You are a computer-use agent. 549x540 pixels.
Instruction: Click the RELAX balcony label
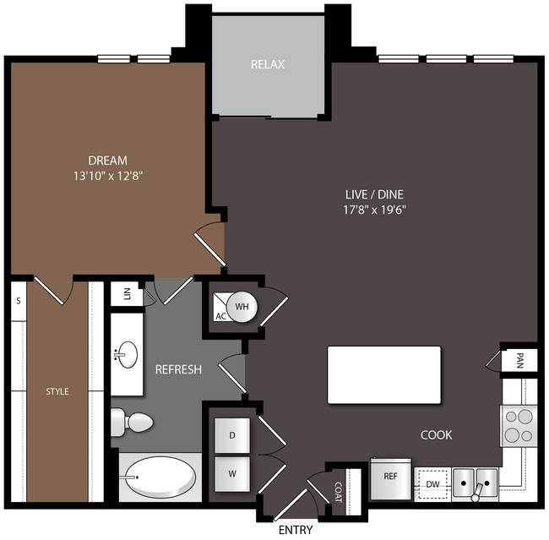pos(268,64)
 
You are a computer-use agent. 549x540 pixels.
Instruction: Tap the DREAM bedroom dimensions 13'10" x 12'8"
pos(108,176)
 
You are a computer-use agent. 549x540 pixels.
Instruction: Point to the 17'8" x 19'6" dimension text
pos(374,210)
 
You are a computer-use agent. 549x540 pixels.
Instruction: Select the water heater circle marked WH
pos(242,307)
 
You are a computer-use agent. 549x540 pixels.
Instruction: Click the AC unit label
pos(221,316)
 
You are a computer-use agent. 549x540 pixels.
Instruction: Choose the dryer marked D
pos(232,435)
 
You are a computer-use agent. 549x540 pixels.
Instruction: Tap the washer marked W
pos(232,474)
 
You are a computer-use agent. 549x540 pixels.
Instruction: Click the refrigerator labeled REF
pos(391,478)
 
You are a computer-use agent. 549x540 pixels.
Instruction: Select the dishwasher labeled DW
pos(432,484)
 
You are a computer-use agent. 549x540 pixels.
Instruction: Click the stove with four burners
pos(519,426)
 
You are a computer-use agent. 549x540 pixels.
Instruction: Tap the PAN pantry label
pos(520,361)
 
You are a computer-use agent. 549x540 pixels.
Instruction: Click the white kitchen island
pos(384,375)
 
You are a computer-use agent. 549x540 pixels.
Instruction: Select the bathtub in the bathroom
pos(160,477)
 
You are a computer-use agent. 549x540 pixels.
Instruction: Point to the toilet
pos(132,423)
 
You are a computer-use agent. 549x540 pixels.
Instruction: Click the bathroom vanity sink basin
pos(128,355)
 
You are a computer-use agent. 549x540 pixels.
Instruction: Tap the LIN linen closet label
pos(128,293)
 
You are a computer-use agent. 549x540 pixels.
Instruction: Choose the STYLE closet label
pos(57,391)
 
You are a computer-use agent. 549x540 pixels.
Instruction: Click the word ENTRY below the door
pos(296,530)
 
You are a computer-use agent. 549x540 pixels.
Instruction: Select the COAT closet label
pos(338,492)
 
